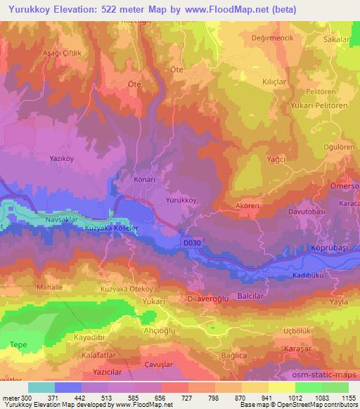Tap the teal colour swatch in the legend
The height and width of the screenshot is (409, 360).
pyautogui.click(x=41, y=387)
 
